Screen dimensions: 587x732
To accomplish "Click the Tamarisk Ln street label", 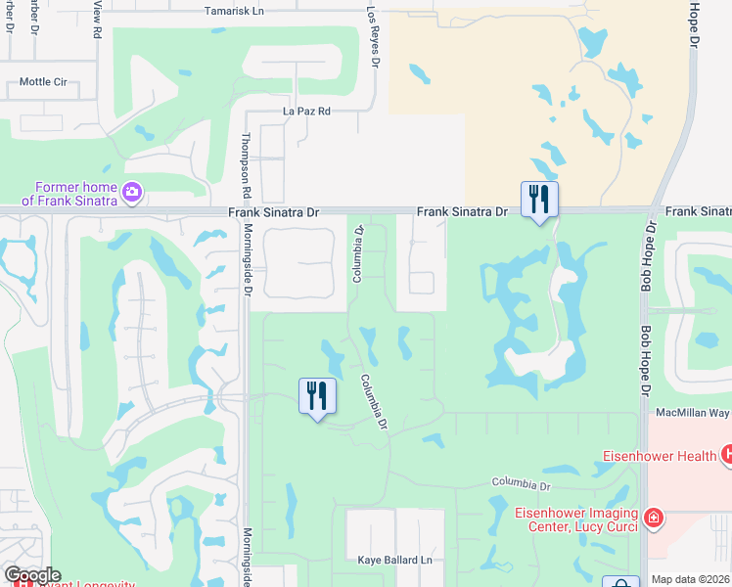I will tap(236, 11).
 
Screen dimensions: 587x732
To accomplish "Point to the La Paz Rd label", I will tap(306, 112).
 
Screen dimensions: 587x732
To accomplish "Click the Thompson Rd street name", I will tap(248, 165).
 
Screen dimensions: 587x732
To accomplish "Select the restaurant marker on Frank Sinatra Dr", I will tap(539, 201).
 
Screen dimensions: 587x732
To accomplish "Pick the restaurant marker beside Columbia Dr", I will tap(317, 397).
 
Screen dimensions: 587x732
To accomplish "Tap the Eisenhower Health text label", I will tap(662, 454).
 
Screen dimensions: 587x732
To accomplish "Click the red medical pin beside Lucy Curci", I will tap(653, 518).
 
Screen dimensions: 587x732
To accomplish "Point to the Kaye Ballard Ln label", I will tap(394, 560).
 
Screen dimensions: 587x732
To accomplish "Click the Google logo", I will tap(32, 576).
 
